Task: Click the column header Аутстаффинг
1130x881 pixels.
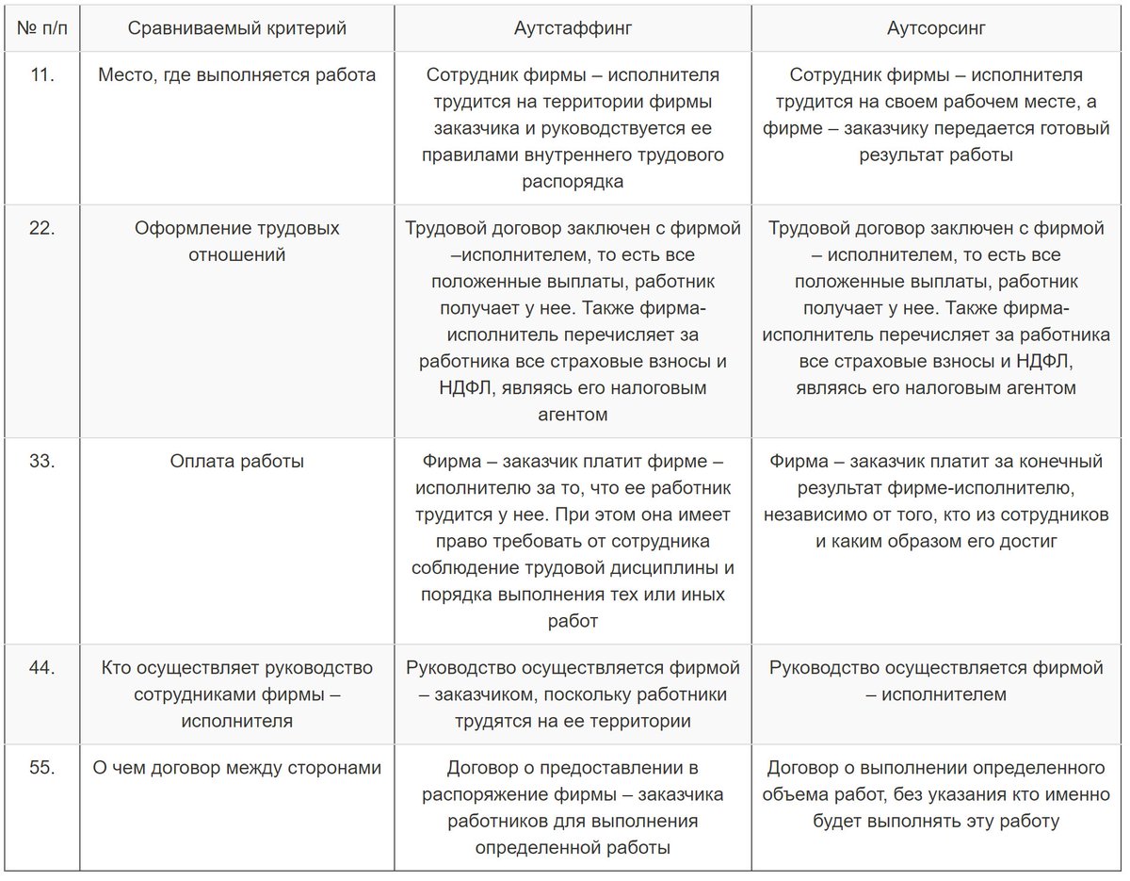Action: [573, 28]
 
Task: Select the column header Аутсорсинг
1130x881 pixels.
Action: [936, 28]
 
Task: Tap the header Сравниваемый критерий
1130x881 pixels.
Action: [236, 28]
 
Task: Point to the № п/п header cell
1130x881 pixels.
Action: [41, 28]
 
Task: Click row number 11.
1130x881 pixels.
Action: [41, 75]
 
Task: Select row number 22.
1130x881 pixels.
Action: [41, 229]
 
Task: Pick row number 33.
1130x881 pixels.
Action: [41, 462]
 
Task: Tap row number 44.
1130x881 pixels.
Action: [41, 668]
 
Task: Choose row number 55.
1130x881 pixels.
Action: [41, 768]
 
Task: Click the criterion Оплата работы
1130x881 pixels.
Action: [236, 462]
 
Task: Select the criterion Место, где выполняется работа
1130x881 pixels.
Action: [236, 75]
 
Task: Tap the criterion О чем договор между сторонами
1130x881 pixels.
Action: [236, 768]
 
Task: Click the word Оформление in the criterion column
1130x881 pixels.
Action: [182, 229]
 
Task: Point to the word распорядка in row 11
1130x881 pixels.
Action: [573, 182]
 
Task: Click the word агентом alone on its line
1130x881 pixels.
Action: [573, 415]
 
